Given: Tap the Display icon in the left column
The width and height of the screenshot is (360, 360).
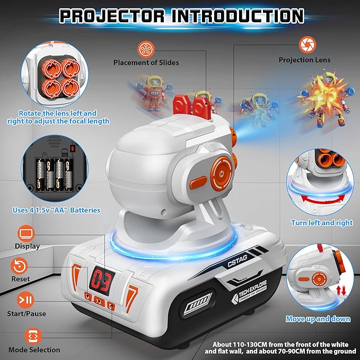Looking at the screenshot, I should (x=27, y=233).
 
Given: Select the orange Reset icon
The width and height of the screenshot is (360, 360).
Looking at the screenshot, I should (x=21, y=266).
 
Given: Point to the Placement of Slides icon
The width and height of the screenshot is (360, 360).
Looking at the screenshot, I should (x=145, y=49).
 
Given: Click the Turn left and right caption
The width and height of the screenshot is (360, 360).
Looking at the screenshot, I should (x=322, y=223).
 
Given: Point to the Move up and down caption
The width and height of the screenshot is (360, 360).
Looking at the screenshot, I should (x=318, y=319).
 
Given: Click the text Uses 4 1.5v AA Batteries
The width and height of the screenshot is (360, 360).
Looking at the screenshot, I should (x=56, y=210).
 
